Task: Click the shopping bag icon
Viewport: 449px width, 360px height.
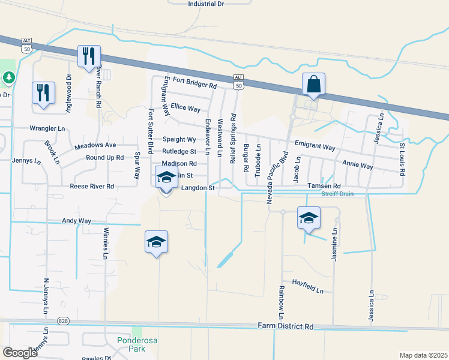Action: pyautogui.click(x=314, y=85)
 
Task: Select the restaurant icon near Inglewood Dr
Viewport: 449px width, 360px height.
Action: pyautogui.click(x=43, y=93)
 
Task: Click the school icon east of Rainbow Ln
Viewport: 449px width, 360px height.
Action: pyautogui.click(x=309, y=218)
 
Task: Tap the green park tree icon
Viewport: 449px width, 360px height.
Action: pyautogui.click(x=8, y=77)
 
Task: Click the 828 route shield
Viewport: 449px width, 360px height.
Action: pyautogui.click(x=63, y=321)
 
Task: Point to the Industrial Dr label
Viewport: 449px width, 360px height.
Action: pyautogui.click(x=205, y=4)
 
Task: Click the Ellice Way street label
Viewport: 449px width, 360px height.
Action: pyautogui.click(x=185, y=109)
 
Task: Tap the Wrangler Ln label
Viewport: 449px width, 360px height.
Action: pyautogui.click(x=47, y=128)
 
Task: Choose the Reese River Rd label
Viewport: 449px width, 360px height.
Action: pyautogui.click(x=92, y=187)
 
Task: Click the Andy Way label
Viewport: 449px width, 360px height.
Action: pyautogui.click(x=76, y=221)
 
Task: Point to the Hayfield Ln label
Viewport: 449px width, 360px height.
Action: pyautogui.click(x=308, y=286)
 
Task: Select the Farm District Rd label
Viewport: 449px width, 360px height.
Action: pyautogui.click(x=286, y=326)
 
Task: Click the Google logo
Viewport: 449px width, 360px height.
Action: pyautogui.click(x=20, y=353)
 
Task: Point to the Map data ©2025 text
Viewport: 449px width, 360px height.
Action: pyautogui.click(x=423, y=355)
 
